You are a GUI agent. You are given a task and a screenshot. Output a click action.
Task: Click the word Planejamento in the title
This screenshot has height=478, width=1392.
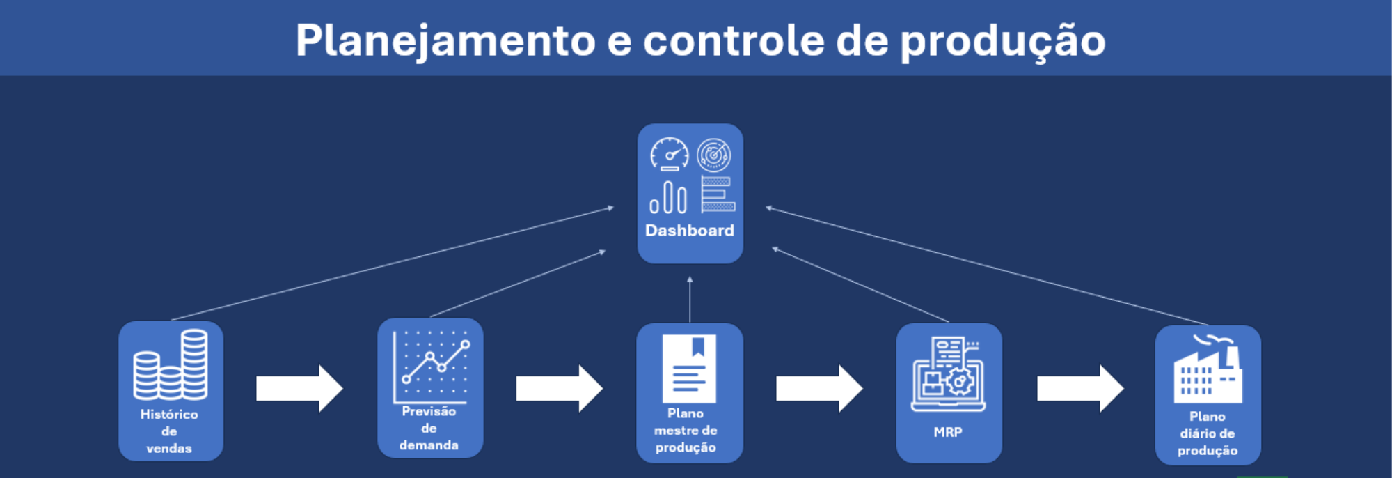point(445,41)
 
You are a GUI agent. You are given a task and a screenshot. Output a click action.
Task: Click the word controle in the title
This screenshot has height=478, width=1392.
point(733,40)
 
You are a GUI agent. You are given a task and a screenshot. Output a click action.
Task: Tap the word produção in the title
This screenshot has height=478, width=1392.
point(1003,41)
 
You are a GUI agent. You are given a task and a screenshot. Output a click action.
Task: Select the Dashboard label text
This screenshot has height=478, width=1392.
point(690,231)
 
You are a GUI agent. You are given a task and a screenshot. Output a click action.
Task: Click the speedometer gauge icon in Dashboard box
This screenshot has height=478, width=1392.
point(670,154)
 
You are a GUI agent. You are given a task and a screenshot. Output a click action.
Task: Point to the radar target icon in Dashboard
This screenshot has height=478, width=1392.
point(714,155)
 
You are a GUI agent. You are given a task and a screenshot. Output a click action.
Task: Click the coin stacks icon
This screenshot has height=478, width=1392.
point(171,364)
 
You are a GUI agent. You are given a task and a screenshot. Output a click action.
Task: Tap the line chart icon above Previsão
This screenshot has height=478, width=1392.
point(431,367)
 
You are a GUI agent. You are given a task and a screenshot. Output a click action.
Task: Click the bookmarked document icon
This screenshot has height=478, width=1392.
point(689,369)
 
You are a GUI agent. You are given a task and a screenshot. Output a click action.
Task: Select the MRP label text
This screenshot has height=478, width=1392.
point(948,432)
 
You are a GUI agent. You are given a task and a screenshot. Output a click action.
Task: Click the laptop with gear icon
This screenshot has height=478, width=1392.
point(949,373)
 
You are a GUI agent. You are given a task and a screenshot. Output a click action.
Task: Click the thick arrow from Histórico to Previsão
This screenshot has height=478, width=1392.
point(299,388)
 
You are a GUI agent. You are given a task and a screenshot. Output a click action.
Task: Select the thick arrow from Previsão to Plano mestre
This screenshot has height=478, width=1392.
point(559,388)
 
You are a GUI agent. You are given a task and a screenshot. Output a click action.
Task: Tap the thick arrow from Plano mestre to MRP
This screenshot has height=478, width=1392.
point(819,388)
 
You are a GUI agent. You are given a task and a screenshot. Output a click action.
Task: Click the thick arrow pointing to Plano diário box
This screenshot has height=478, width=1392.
point(1080,388)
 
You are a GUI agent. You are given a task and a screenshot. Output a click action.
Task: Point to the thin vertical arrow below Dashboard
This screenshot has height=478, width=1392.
point(690,299)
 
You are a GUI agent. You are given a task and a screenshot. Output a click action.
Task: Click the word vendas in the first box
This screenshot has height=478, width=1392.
point(169,449)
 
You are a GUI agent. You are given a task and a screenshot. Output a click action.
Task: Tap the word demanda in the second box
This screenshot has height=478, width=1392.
point(429,445)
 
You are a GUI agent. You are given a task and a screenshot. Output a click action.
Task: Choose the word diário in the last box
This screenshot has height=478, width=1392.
point(1196,433)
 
